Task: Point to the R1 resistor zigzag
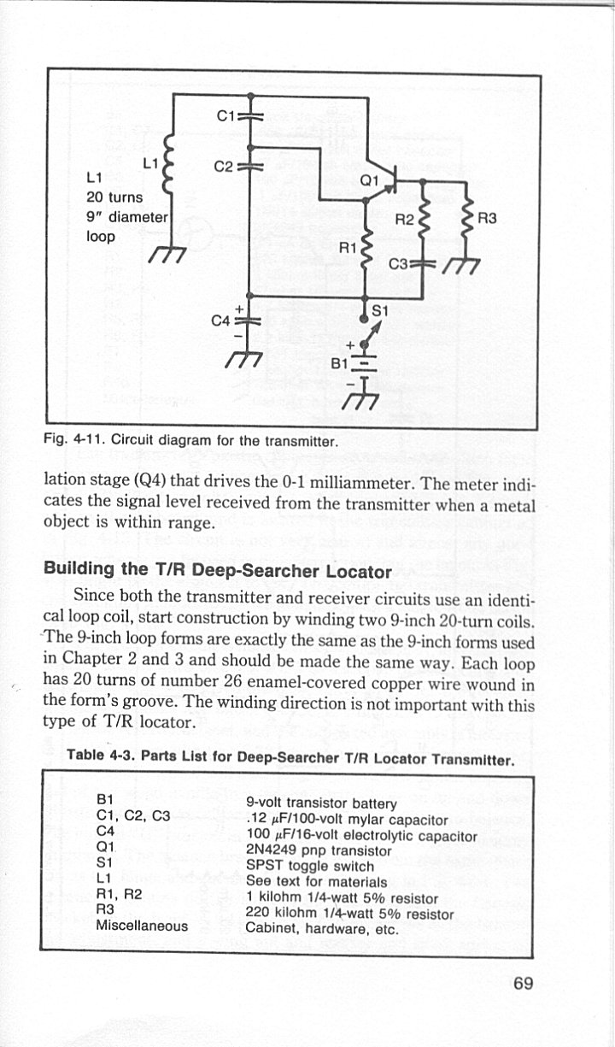pyautogui.click(x=366, y=248)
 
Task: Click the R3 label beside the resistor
pyautogui.click(x=488, y=218)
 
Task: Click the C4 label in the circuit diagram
pyautogui.click(x=220, y=321)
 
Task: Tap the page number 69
pyautogui.click(x=524, y=982)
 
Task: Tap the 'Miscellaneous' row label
pyautogui.click(x=143, y=925)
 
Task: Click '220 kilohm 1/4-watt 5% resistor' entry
pyautogui.click(x=348, y=913)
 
